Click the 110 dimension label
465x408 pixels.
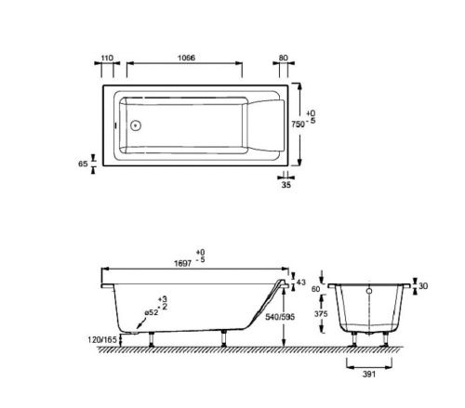[x=107, y=57]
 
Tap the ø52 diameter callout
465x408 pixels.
[x=153, y=312]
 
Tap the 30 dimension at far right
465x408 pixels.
[x=423, y=285]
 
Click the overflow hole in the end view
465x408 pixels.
[x=370, y=289]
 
